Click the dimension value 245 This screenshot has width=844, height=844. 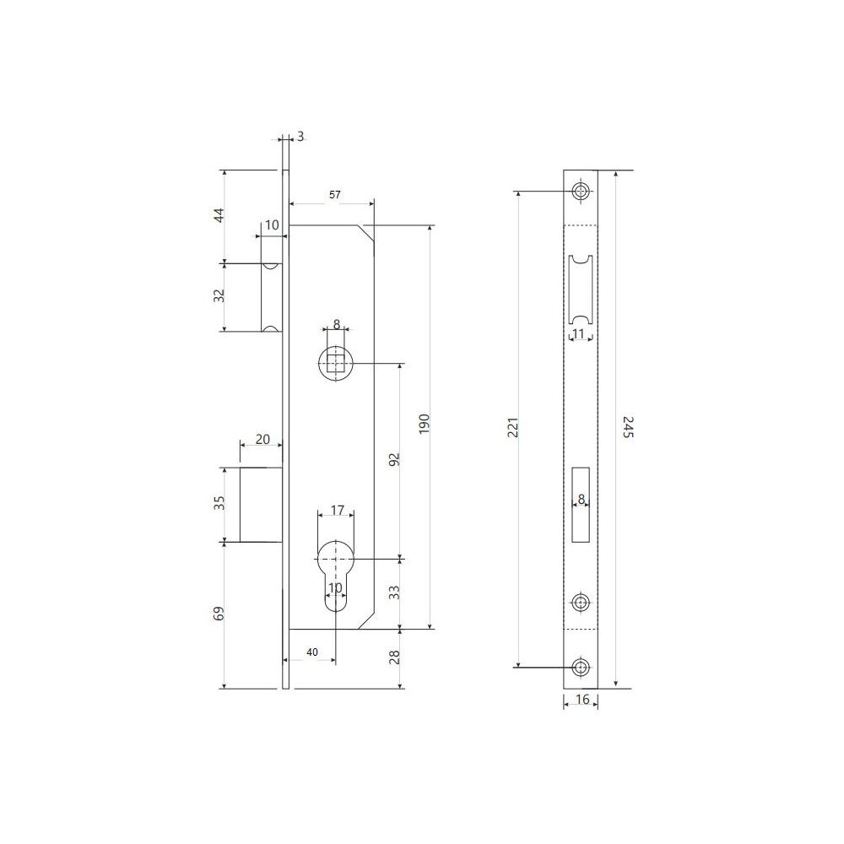coord(628,427)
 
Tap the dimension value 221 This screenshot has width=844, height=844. coord(513,427)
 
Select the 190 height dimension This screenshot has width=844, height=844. coord(425,425)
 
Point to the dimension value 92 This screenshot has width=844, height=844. coord(394,460)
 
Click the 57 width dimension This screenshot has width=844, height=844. coord(335,195)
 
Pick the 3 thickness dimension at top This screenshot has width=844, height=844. coord(300,137)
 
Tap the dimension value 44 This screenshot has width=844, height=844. coord(219,215)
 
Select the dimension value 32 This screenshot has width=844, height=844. coord(219,295)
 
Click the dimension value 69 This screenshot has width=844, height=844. coord(219,613)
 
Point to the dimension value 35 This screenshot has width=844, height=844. coord(219,503)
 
